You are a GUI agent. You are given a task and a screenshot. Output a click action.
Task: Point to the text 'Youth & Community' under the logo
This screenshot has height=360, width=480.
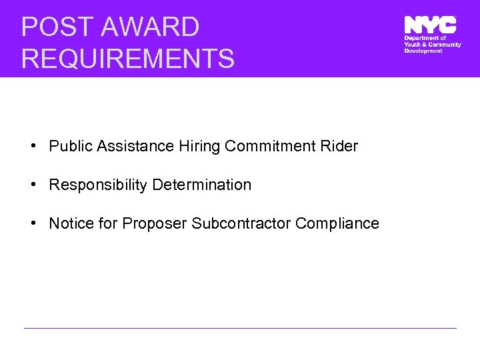[433, 45]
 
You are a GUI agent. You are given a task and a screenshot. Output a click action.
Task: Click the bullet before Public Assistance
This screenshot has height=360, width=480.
[33, 146]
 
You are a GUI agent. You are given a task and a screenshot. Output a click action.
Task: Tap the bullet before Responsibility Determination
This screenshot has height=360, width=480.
[33, 185]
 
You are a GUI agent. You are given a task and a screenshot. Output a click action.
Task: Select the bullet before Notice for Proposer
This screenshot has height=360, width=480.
[33, 223]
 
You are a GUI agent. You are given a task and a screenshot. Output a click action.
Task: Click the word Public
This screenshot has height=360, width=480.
[71, 146]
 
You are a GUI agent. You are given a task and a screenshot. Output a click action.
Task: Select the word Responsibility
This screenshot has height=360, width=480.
[98, 185]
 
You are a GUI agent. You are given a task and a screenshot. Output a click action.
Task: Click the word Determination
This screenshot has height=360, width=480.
[202, 185]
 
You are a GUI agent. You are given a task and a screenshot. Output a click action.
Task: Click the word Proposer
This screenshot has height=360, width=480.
[155, 223]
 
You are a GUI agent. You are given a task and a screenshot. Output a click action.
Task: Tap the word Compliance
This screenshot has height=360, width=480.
[337, 223]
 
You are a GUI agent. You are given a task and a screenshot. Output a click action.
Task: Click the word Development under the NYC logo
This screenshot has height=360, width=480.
[423, 51]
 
